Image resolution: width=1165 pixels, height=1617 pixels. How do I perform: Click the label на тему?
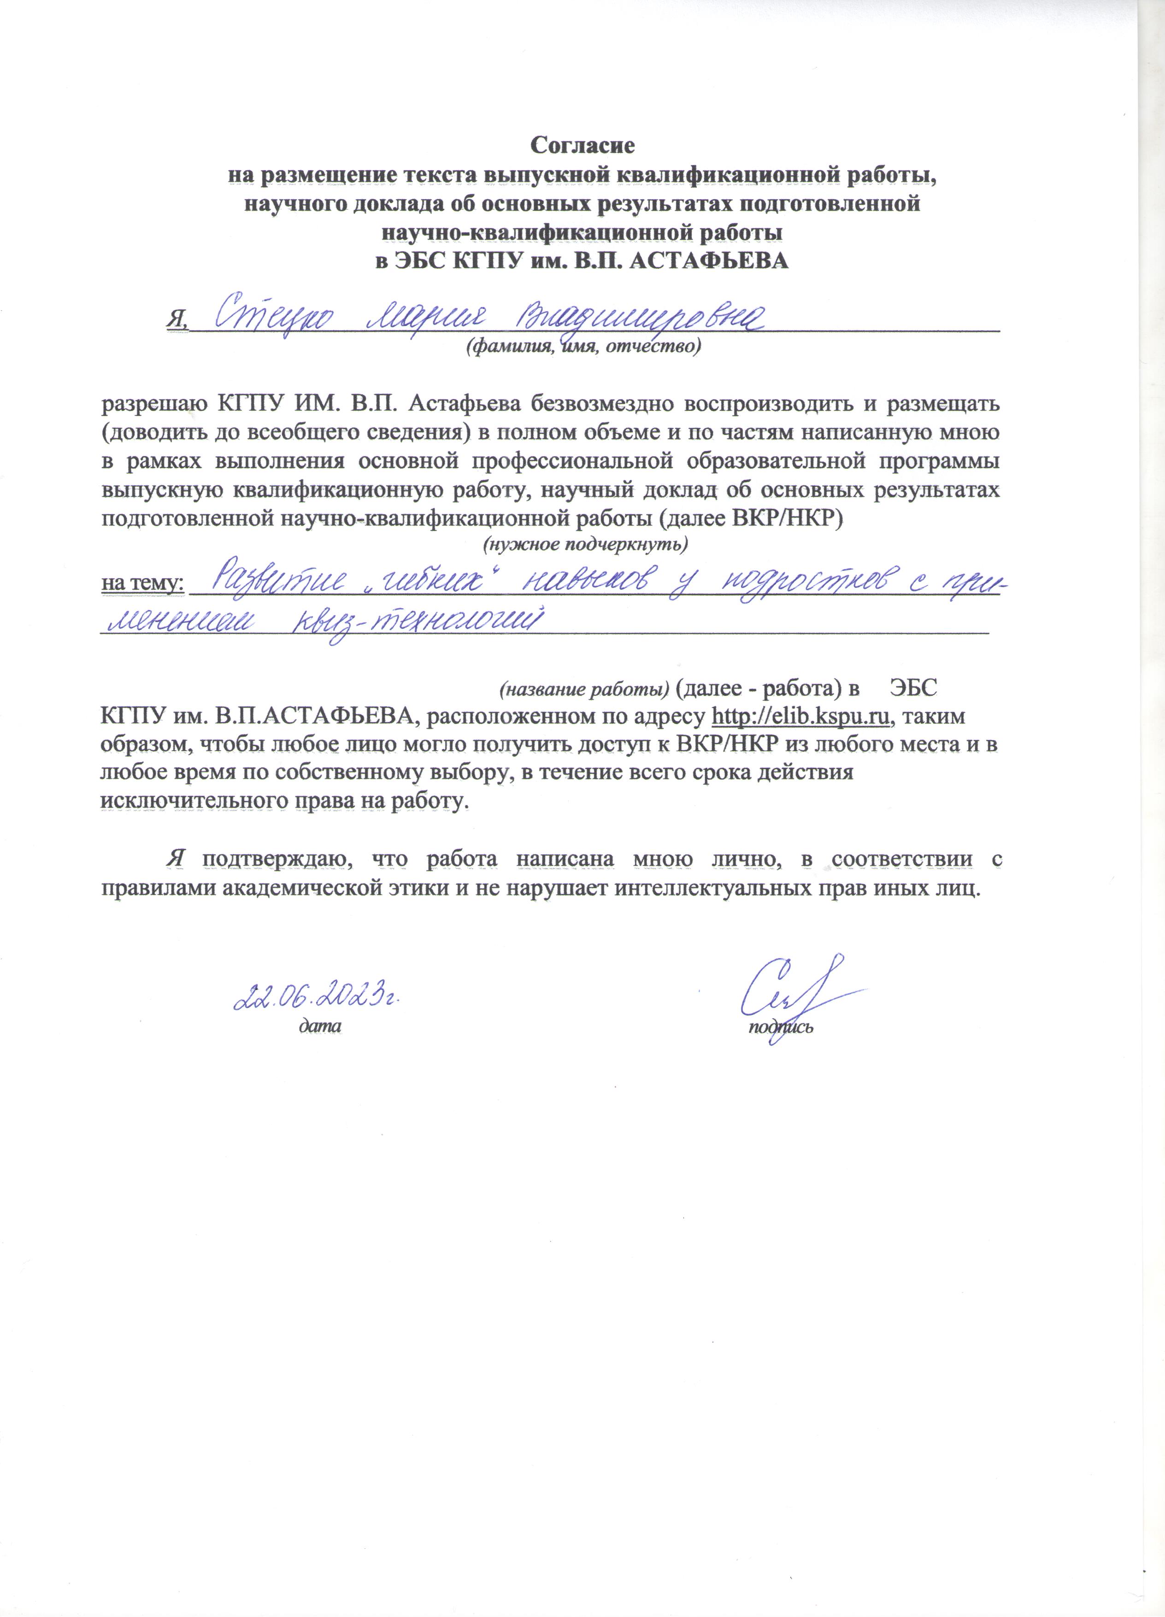coord(142,584)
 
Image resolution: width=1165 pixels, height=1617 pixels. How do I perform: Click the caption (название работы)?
coord(583,689)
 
